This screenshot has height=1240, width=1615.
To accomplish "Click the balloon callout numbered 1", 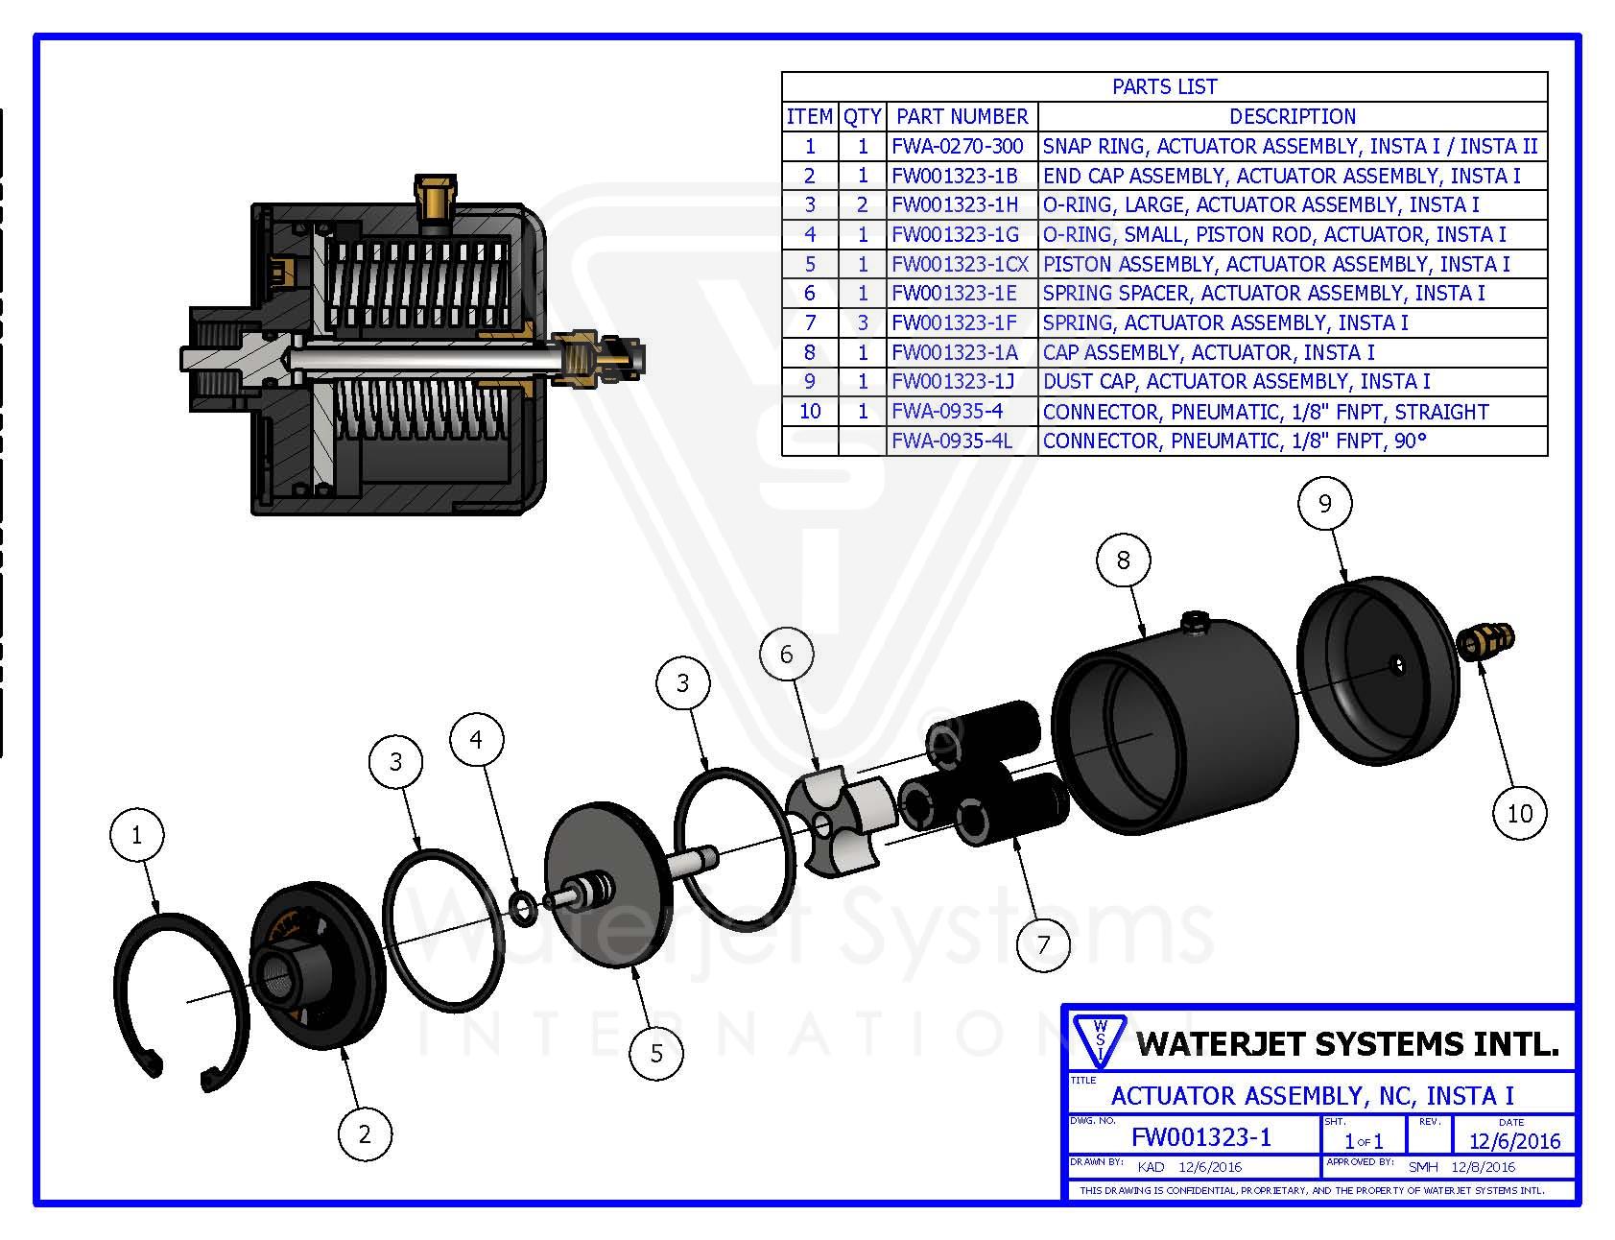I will click(136, 835).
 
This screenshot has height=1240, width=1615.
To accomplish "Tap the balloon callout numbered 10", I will click(1520, 814).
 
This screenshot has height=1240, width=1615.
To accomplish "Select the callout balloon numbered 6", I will click(786, 655).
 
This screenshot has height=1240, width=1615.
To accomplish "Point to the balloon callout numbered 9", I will click(1324, 504).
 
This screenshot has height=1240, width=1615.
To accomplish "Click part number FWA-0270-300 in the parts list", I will click(957, 146).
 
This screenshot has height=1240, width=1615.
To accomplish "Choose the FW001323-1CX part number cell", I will click(960, 264).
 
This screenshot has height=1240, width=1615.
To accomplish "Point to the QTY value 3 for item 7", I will click(862, 322).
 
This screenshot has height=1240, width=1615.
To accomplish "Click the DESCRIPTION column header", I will click(1292, 116).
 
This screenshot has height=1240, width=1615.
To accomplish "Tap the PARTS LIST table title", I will click(1164, 86).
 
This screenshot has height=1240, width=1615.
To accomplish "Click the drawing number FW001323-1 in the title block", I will click(1200, 1137).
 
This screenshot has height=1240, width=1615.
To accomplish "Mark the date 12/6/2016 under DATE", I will click(1515, 1140).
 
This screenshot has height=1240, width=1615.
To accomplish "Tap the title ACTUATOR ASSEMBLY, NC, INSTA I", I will click(1312, 1095).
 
